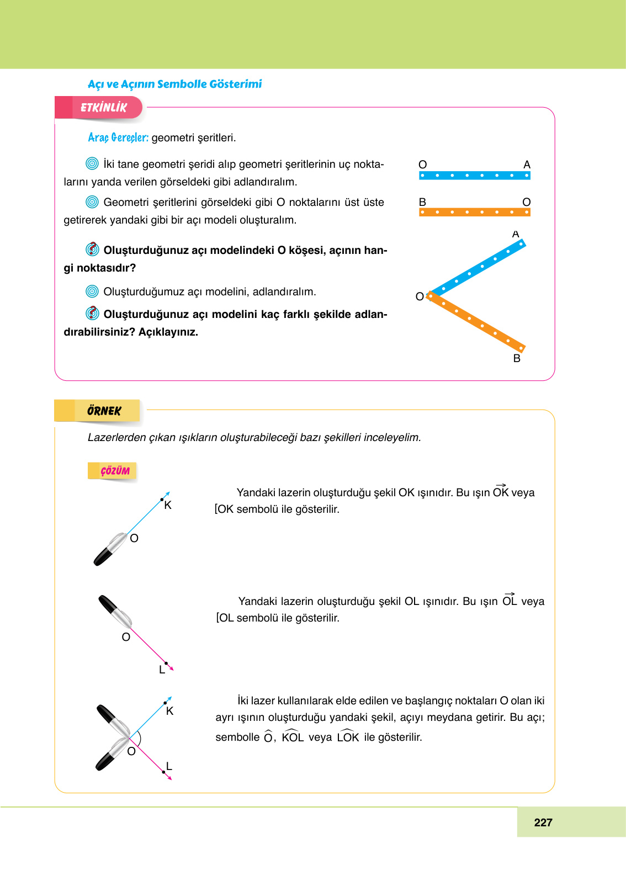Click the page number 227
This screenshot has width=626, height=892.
[543, 822]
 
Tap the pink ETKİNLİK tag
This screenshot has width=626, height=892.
[103, 108]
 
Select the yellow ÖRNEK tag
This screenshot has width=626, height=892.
[103, 411]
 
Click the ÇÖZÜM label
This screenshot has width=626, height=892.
[114, 471]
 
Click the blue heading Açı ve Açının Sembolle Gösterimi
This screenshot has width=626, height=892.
[174, 84]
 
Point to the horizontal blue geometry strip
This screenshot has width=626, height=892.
[474, 176]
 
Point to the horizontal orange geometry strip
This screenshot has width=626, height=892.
[474, 212]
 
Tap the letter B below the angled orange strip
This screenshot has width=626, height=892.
[517, 358]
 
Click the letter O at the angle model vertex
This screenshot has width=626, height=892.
[420, 296]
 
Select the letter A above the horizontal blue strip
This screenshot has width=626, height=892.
[527, 164]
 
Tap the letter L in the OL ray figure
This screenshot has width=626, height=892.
[162, 670]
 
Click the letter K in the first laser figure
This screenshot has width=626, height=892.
[168, 505]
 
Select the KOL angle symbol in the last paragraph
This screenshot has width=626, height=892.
[293, 736]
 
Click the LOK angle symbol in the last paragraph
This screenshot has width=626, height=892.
[348, 736]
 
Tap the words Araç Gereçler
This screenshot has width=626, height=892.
[118, 137]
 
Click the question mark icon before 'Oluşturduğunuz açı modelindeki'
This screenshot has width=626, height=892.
[92, 249]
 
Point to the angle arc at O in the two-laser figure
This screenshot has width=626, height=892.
[140, 738]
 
